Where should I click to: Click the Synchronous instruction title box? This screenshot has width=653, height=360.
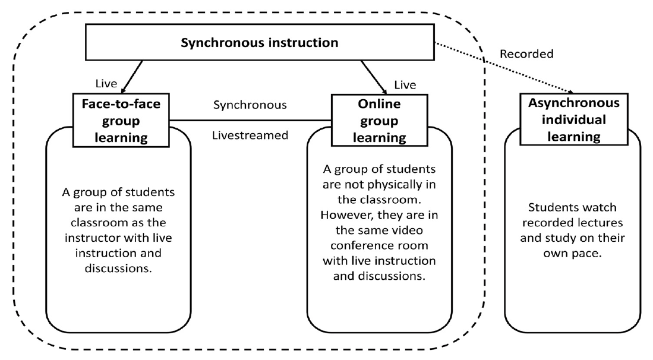point(260,42)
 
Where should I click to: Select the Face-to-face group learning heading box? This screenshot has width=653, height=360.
point(121,120)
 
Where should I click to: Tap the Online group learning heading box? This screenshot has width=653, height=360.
point(380,120)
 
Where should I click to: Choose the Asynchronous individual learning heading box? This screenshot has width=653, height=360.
point(574,119)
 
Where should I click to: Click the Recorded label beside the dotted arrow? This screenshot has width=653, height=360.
point(526,54)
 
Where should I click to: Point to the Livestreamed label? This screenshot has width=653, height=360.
point(250,135)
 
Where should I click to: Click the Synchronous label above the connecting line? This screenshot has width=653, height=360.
point(250,105)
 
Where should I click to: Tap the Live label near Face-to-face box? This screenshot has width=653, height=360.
point(106,84)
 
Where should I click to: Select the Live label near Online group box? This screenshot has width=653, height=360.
point(405,85)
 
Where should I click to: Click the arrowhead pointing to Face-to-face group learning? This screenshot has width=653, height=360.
point(123,90)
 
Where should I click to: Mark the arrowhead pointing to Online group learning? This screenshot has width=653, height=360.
point(383,90)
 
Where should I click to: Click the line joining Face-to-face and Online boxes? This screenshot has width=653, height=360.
point(250,121)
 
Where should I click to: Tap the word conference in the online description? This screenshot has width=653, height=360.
point(379,245)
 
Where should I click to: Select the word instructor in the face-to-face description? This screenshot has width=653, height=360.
point(91,238)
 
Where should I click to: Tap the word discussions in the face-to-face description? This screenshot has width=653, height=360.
point(118,269)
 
